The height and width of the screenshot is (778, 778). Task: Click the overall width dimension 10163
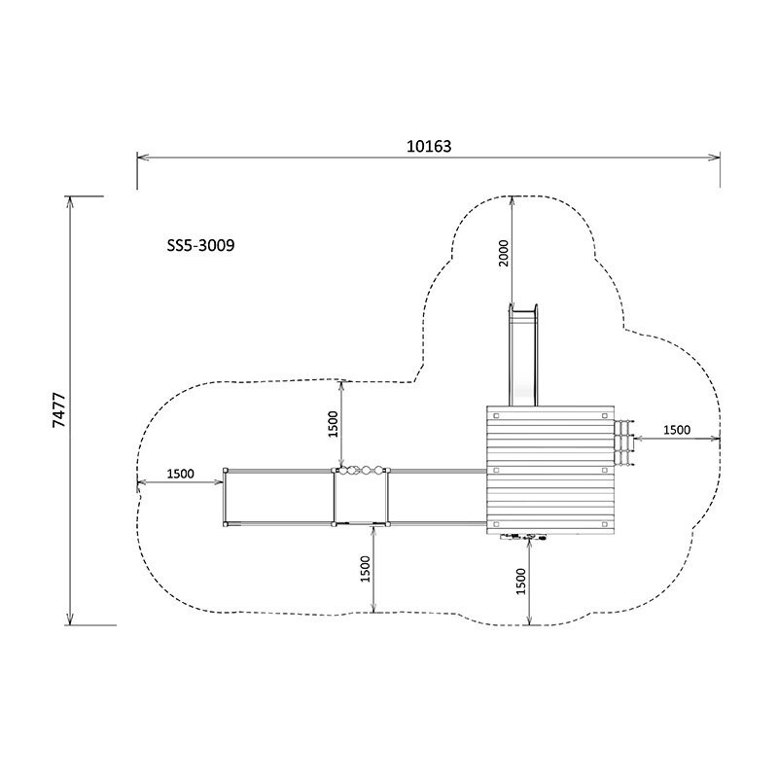tap(429, 146)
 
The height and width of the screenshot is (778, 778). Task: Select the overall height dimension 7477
tap(58, 410)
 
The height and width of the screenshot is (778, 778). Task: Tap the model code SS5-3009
tap(200, 246)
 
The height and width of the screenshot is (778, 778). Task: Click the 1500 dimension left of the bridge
tap(180, 475)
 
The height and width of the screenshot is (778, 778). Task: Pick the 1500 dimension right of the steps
tap(677, 430)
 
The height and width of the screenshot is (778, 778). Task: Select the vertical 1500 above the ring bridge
tap(333, 424)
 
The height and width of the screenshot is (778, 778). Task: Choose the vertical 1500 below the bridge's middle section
tap(366, 568)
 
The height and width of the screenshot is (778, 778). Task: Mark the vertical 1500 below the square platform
tap(521, 581)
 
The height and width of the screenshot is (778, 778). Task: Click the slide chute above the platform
tap(523, 355)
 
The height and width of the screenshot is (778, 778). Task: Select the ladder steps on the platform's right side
tap(624, 442)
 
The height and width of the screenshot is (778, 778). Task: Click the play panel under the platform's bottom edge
tap(523, 536)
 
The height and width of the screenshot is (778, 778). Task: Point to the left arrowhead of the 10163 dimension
tap(140, 157)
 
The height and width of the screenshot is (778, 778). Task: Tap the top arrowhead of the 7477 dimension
tap(69, 200)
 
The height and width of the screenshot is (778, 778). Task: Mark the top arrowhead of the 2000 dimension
tap(513, 199)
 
